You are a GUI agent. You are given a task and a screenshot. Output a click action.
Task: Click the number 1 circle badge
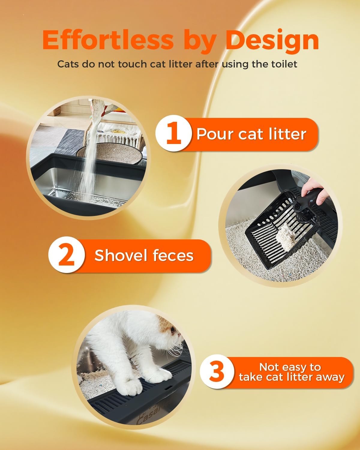173,134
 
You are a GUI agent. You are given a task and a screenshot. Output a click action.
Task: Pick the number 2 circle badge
67,255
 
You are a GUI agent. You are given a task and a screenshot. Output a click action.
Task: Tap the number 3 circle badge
217,372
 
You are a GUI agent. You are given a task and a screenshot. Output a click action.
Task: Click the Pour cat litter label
251,134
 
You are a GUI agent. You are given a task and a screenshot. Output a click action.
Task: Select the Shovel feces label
144,256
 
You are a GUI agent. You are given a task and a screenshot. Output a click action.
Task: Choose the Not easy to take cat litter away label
291,372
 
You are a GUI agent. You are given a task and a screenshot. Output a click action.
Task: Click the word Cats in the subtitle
68,64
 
